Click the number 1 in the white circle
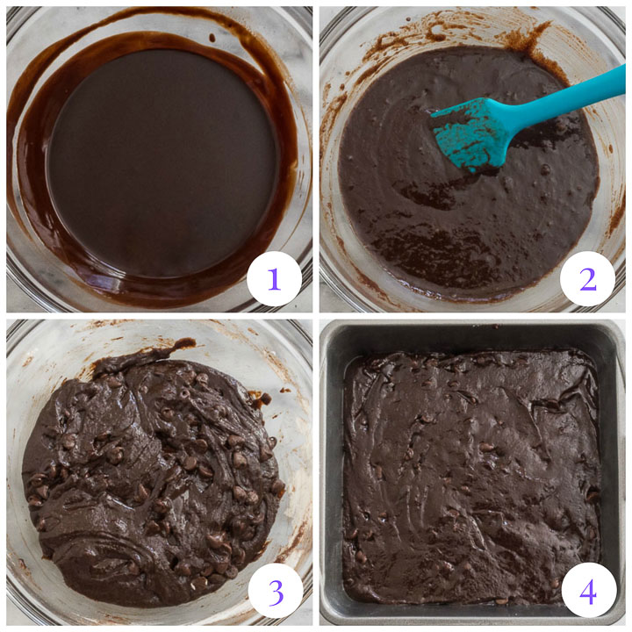(274, 278)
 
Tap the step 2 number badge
(587, 278)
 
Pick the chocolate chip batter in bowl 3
(149, 474)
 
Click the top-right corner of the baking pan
(618, 327)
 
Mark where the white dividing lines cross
(315, 315)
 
